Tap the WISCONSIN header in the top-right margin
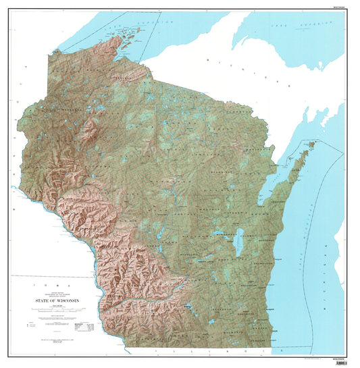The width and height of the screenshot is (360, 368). coord(342,3)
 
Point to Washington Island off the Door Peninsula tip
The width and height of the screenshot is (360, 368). coord(312,144)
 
